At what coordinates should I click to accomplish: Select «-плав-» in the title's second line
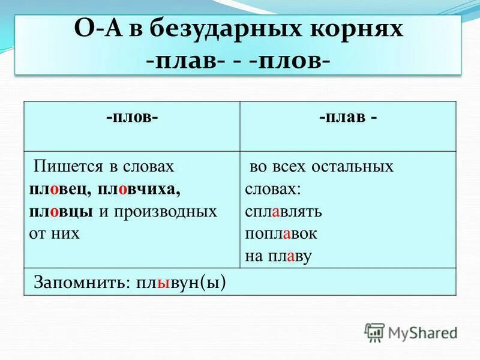click(x=182, y=61)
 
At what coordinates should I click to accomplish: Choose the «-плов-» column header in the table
click(x=133, y=117)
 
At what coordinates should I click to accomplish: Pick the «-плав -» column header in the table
click(x=348, y=117)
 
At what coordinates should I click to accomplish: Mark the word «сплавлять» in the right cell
click(x=284, y=212)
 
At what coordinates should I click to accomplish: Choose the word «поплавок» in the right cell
click(x=281, y=234)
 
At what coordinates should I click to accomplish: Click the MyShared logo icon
click(x=374, y=332)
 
